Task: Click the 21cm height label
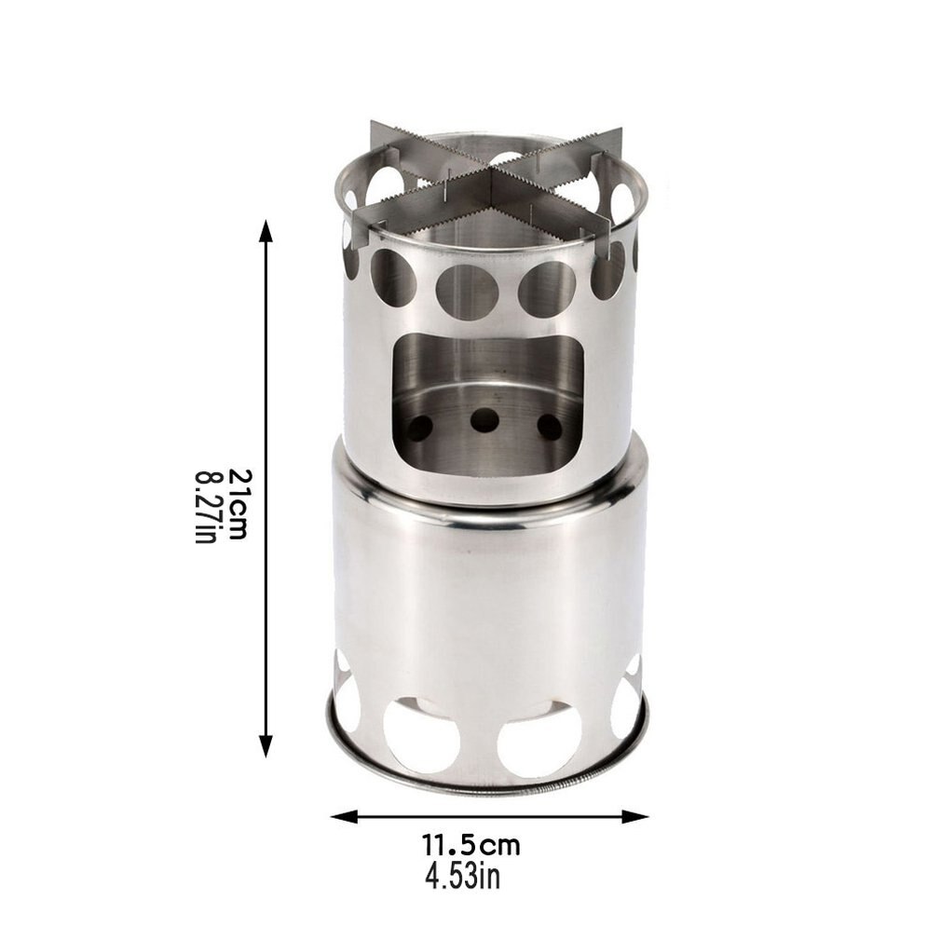237,504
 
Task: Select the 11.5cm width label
470,847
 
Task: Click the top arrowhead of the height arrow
266,232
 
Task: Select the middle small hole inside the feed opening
484,420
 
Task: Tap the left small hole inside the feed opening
418,427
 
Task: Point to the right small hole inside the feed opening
550,427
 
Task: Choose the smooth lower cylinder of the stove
484,596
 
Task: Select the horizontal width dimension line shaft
489,816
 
